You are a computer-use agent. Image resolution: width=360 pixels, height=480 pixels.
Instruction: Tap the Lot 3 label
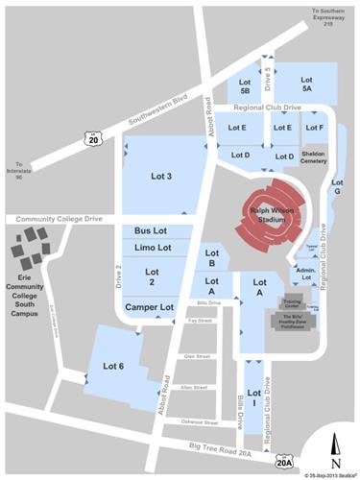click(162, 176)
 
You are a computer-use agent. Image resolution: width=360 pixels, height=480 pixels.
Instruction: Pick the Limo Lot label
click(152, 248)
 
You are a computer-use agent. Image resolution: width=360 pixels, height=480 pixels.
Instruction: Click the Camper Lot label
click(149, 307)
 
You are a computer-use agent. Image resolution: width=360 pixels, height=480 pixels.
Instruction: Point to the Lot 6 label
click(113, 366)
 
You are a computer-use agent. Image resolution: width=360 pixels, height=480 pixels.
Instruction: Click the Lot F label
click(314, 127)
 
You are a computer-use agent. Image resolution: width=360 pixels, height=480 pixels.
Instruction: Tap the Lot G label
click(336, 186)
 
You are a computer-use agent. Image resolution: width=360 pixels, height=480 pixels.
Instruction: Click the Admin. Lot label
click(306, 275)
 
